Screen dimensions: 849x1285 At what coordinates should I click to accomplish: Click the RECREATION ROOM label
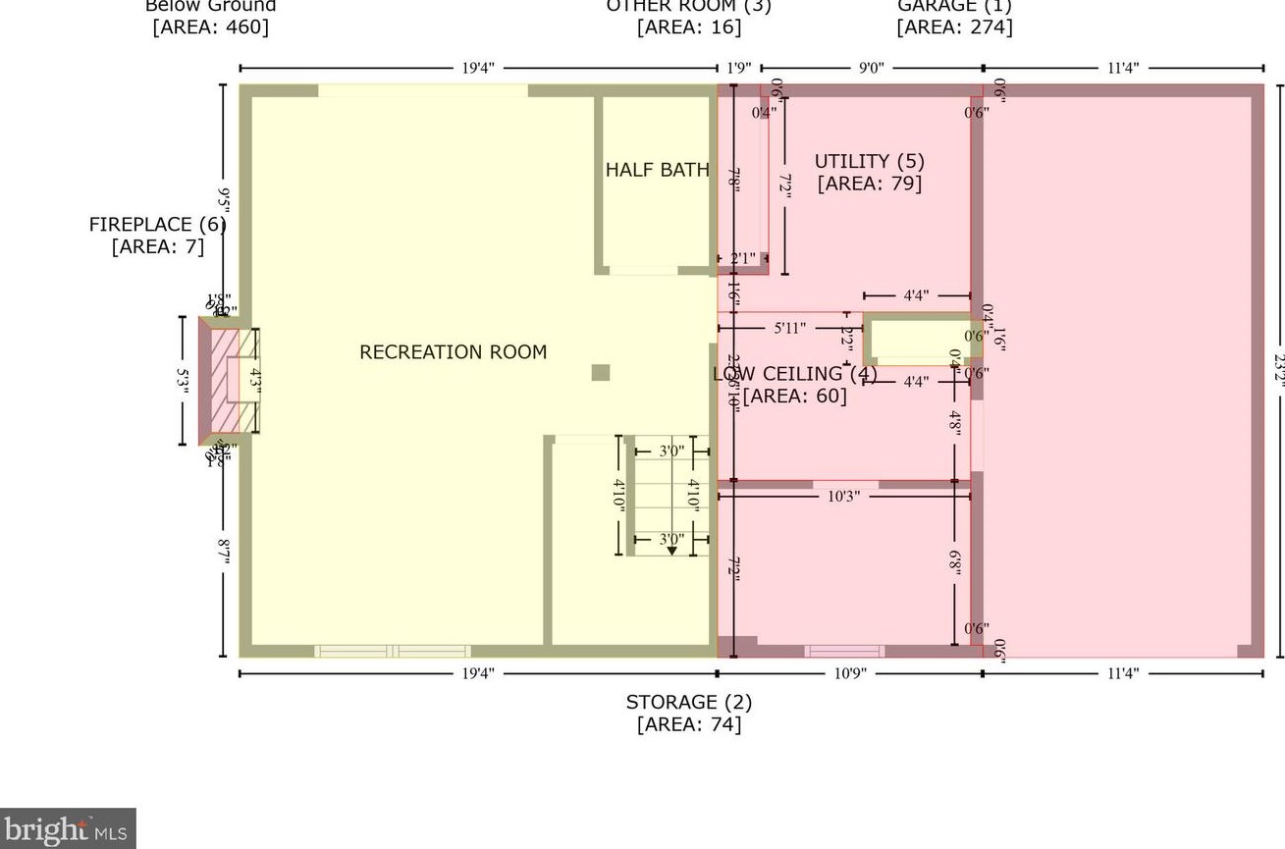pos(453,351)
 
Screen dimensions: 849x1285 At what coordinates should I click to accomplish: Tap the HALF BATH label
pos(657,170)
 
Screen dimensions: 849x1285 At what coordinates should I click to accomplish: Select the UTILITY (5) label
pos(869,161)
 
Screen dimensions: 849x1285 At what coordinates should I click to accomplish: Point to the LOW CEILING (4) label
pos(794,374)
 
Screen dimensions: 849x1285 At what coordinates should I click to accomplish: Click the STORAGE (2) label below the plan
pos(688,702)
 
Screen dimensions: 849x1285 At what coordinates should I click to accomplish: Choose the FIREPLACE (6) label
pos(157,225)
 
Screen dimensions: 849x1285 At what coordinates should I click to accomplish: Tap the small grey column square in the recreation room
pos(601,372)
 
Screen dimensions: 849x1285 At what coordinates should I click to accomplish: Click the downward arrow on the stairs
pos(671,551)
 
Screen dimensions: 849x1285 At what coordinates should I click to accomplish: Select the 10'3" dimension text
pos(843,497)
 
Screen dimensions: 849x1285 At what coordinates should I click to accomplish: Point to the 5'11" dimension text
pos(789,328)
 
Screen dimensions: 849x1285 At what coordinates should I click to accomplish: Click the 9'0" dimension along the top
pos(871,68)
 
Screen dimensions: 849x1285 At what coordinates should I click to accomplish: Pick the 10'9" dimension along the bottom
pos(849,673)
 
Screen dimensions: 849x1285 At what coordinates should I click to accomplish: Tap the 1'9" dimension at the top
pos(738,68)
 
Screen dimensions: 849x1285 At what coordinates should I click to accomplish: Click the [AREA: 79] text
pos(869,183)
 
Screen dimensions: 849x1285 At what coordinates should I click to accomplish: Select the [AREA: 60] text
pos(794,396)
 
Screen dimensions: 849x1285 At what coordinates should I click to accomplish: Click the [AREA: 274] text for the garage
pos(954,27)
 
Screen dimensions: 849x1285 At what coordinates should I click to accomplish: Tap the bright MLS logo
pos(67,829)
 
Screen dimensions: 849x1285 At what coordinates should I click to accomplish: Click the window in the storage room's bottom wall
pos(844,651)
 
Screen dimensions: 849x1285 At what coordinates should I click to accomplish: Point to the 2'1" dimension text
pos(742,259)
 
